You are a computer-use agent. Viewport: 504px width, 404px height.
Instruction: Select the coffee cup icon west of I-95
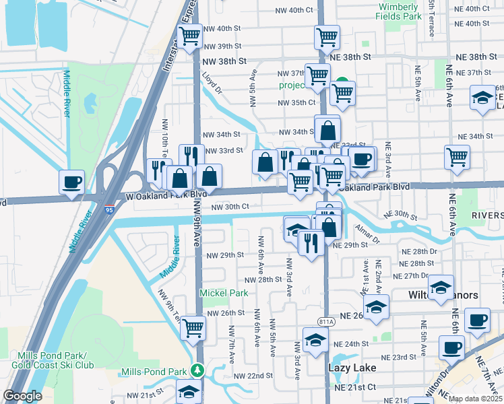[71, 182]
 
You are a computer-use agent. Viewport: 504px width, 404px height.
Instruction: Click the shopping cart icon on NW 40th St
[190, 36]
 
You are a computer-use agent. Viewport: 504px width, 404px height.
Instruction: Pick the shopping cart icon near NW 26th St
[193, 328]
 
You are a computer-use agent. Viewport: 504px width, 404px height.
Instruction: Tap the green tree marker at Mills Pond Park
[197, 370]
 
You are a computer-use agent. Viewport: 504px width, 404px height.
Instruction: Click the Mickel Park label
[224, 293]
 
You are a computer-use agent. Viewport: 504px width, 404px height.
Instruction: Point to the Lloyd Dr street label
[214, 83]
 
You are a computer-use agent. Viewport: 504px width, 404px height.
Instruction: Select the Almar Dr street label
[369, 232]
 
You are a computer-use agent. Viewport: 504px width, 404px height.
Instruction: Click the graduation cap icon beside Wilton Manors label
[441, 287]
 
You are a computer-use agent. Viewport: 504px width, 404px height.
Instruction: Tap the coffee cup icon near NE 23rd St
[451, 347]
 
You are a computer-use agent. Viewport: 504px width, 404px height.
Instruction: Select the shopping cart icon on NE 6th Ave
[458, 157]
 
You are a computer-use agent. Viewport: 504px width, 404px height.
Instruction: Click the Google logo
[22, 396]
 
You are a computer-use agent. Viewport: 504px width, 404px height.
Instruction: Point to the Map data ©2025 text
[475, 399]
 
